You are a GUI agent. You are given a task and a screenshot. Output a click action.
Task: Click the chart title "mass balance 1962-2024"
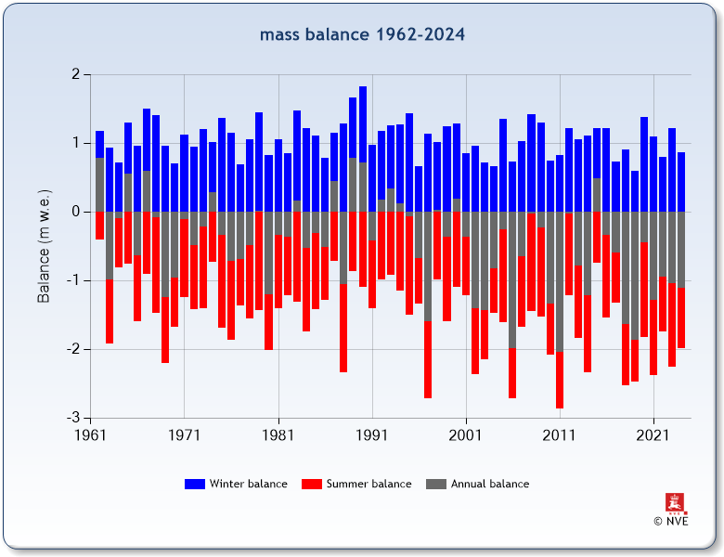click(362, 35)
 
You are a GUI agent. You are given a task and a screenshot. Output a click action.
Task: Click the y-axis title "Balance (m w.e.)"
click(44, 245)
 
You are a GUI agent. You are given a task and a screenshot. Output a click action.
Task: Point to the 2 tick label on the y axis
click(74, 74)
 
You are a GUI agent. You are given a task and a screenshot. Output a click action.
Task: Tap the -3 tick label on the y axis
click(72, 418)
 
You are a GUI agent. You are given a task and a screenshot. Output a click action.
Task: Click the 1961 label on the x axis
click(90, 434)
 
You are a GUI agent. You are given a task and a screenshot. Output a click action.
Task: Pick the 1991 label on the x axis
click(372, 434)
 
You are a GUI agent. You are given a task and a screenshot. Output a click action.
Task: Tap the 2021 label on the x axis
click(653, 434)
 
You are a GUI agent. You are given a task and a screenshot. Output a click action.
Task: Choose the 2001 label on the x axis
click(466, 434)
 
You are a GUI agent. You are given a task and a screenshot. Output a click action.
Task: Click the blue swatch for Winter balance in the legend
click(195, 484)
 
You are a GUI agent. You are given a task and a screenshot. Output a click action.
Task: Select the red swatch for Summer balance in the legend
click(312, 484)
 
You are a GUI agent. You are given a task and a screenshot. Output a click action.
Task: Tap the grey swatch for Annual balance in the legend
click(436, 484)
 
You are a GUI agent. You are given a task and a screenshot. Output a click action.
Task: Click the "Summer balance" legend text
click(368, 484)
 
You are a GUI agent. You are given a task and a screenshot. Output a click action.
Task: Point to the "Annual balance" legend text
click(490, 484)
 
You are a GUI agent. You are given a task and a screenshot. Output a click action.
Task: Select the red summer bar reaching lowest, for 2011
click(560, 381)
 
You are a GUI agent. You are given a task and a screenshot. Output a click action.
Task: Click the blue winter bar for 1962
click(99, 144)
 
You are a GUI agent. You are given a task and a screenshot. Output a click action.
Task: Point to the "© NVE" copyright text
click(671, 522)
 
